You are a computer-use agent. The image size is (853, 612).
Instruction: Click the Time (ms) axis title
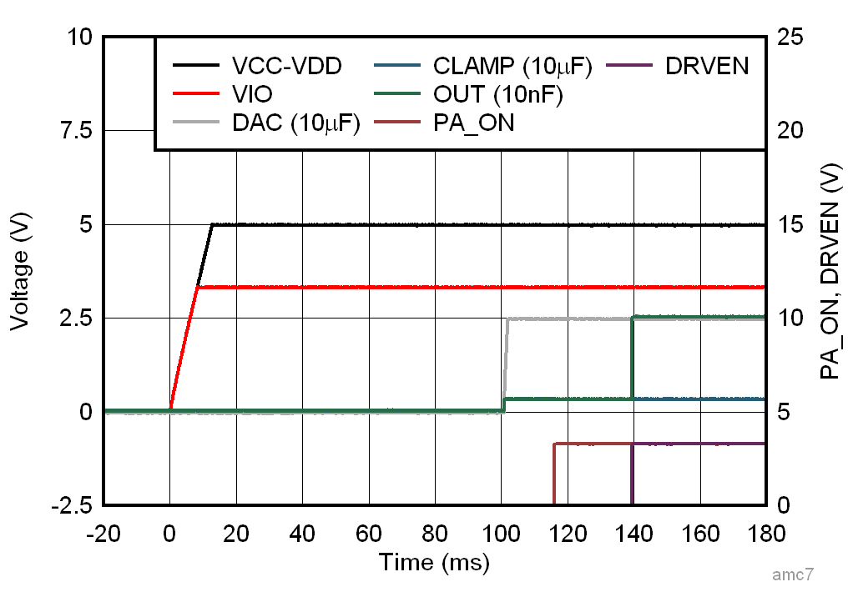tap(434, 562)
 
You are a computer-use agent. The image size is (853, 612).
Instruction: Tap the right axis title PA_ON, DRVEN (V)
tap(830, 271)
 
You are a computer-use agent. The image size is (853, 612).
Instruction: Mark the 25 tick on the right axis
tap(789, 38)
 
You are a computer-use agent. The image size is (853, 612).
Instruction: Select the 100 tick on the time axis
tap(500, 532)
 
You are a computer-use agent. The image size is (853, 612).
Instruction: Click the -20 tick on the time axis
tap(103, 532)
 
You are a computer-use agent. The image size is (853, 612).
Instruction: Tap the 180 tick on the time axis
tap(765, 532)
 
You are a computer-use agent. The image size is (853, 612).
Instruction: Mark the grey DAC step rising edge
tap(506, 359)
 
